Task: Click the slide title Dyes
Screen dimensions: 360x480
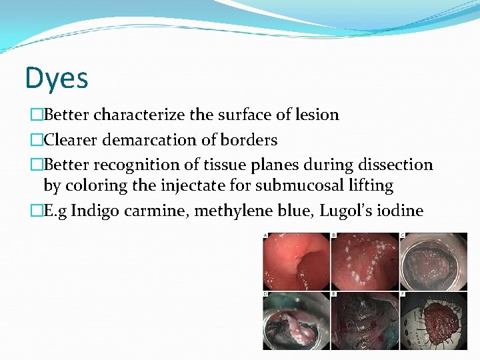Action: click(57, 78)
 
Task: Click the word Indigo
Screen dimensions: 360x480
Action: click(93, 211)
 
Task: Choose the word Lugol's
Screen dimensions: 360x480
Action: click(341, 211)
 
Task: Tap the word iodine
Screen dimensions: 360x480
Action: click(399, 211)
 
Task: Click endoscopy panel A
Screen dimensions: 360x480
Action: click(297, 261)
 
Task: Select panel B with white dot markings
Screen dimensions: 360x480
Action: click(365, 261)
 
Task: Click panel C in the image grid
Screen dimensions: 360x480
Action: click(434, 261)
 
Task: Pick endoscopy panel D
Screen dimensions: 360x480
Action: click(297, 322)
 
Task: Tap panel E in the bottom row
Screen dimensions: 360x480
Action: click(365, 322)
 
